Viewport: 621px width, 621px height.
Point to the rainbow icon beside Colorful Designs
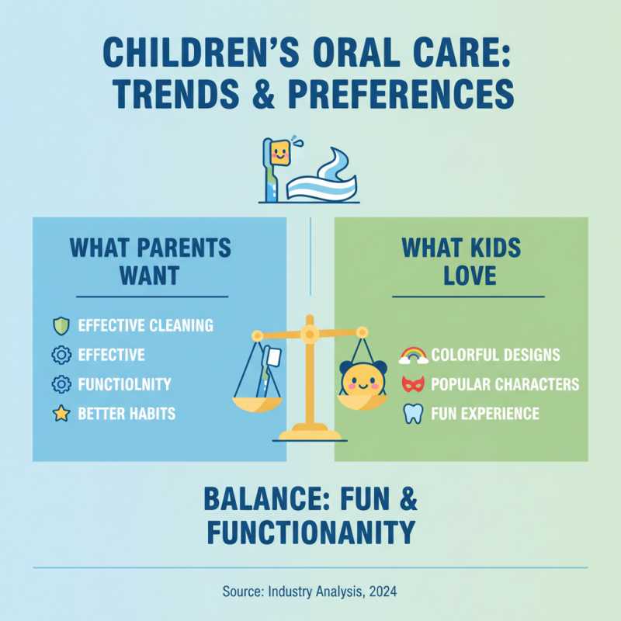coord(413,356)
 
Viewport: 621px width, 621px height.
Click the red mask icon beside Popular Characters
coord(413,384)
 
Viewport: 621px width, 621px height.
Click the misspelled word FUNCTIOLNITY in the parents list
coord(125,384)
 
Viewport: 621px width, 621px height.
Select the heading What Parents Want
coord(150,262)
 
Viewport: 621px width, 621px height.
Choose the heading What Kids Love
coord(461,262)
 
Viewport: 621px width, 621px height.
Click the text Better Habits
coord(127,414)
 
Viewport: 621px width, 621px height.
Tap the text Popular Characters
coord(505,384)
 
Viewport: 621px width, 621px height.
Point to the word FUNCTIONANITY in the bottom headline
coord(310,533)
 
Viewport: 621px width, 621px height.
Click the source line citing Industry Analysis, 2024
coord(310,592)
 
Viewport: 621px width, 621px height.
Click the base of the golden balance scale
coord(310,434)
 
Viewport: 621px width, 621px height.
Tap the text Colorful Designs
coord(495,356)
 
